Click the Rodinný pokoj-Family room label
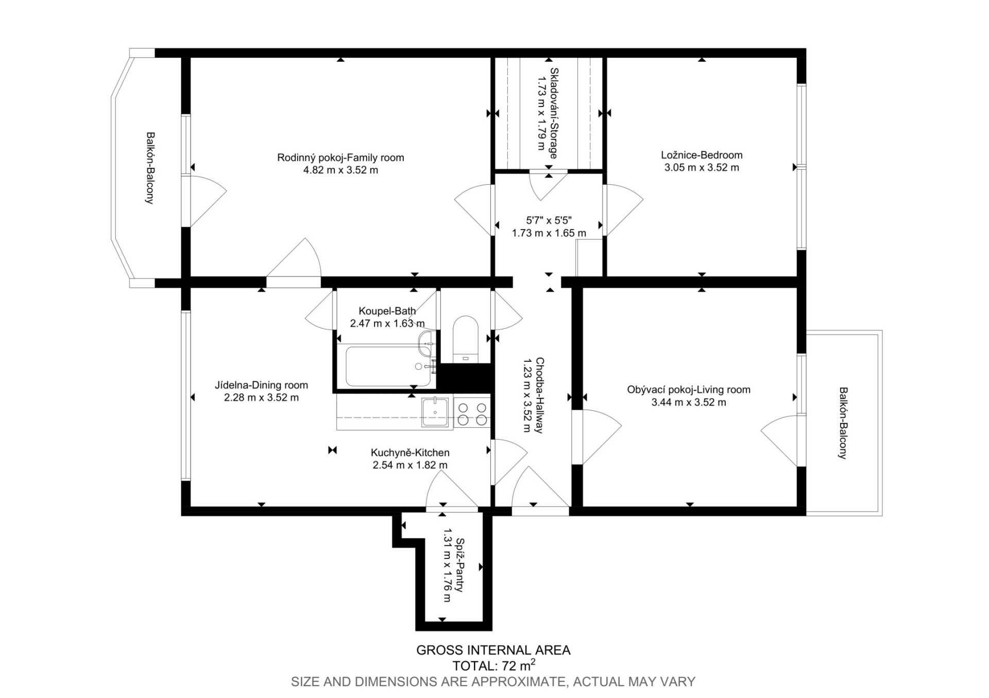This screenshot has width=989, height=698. click(x=340, y=158)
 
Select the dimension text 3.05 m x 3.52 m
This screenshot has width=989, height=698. click(x=702, y=167)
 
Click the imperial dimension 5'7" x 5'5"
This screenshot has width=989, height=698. click(x=549, y=220)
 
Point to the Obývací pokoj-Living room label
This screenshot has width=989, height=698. click(x=689, y=390)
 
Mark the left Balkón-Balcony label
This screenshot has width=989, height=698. click(x=150, y=168)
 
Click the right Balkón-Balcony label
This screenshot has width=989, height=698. click(x=842, y=423)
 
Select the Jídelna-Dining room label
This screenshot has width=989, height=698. click(x=261, y=385)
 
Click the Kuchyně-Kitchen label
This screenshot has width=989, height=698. click(x=410, y=453)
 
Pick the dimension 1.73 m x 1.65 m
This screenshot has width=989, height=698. click(x=549, y=233)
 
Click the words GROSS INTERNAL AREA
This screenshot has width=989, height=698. click(x=493, y=650)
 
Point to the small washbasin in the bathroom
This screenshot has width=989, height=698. click(x=426, y=343)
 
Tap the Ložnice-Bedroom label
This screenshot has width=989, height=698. click(x=702, y=155)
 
